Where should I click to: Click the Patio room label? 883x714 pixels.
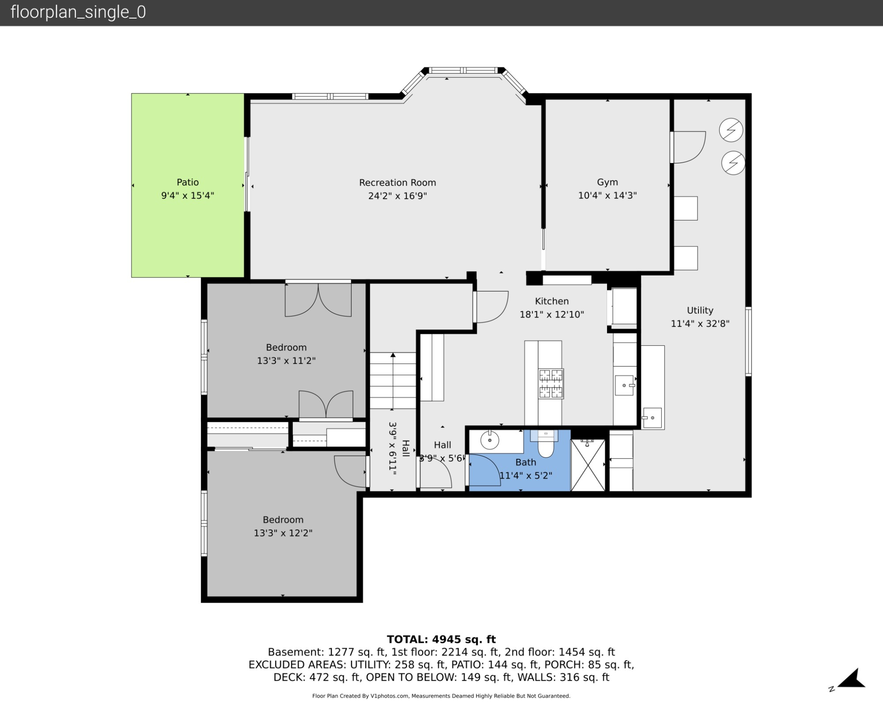pos(188,182)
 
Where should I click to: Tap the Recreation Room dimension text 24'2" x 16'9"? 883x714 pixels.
pos(397,196)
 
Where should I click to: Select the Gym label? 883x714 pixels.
pos(607,182)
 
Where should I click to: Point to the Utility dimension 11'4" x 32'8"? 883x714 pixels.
pos(700,323)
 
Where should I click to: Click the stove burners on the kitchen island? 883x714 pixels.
pos(551,383)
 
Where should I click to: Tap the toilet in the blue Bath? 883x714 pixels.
pos(546,446)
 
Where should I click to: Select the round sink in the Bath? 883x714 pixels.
pos(490,440)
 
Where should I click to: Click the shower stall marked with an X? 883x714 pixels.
pos(588,465)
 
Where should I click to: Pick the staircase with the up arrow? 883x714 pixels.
pos(392,380)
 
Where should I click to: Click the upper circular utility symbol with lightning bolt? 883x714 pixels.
pos(731,130)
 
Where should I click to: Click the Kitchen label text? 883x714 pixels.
pos(551,301)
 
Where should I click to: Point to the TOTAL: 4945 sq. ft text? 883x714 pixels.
pos(441,639)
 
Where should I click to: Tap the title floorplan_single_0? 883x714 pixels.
pos(78,12)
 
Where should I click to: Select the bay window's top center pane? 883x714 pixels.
pos(463,70)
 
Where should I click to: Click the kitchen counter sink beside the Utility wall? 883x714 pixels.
pos(624,385)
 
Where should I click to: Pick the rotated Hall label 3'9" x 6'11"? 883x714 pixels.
pos(398,448)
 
